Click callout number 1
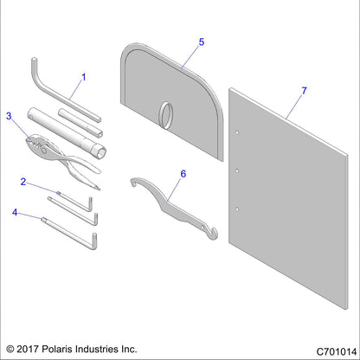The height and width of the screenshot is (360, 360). [x=84, y=78]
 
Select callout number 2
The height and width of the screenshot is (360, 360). [x=25, y=182]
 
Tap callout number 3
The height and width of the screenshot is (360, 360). [x=10, y=115]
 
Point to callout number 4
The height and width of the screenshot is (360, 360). [x=16, y=210]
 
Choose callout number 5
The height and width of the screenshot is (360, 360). [x=202, y=42]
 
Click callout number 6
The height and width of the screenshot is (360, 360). [x=183, y=174]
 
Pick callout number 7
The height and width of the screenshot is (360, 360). [x=303, y=90]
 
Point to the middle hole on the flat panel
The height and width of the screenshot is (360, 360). [x=238, y=169]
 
